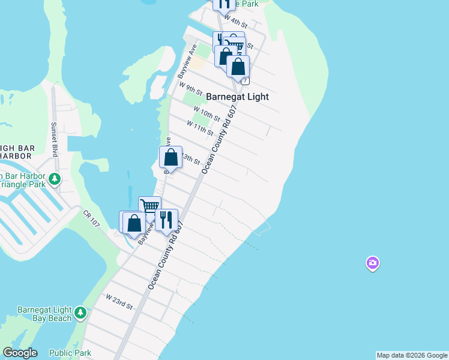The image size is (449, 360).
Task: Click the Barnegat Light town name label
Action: pos(237,97)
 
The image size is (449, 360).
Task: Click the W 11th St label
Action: pos(200,127)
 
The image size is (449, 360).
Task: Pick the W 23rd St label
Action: pos(119,301)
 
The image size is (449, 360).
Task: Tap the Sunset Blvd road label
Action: pos(55,139)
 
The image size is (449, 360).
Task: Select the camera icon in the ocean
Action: pos(373,263)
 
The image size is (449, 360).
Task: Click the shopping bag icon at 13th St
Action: pos(171,158)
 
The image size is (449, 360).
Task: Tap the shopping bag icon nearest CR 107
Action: pos(134,223)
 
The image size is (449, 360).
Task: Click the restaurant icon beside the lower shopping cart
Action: pos(166,220)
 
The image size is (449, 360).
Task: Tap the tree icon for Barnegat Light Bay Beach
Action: pos(80,313)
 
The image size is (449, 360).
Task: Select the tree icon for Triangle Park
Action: pos(55,179)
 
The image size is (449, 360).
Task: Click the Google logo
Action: pos(20,353)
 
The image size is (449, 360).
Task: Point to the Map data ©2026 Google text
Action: pos(412,355)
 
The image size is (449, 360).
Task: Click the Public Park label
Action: pos(70,353)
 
